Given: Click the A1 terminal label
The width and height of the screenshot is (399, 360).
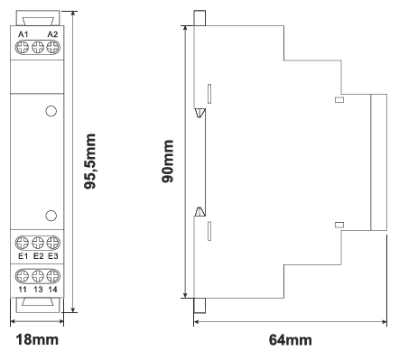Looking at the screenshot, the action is point(23,34).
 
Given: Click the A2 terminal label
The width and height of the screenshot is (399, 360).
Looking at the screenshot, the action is point(52,34).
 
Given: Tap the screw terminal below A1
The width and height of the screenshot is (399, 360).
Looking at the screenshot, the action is point(22,48).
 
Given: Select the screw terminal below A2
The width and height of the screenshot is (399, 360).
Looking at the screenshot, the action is point(53,48).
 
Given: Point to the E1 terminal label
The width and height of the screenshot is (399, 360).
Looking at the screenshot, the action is point(23,256).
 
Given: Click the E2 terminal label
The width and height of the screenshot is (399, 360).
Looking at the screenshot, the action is point(38,256).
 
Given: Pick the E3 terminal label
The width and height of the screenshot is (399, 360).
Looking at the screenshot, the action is point(53,256).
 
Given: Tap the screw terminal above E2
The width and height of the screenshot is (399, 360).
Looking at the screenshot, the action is point(38,243).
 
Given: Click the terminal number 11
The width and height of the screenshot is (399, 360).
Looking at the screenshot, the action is point(23,290).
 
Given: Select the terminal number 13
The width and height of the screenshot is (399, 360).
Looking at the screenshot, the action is point(38,290).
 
